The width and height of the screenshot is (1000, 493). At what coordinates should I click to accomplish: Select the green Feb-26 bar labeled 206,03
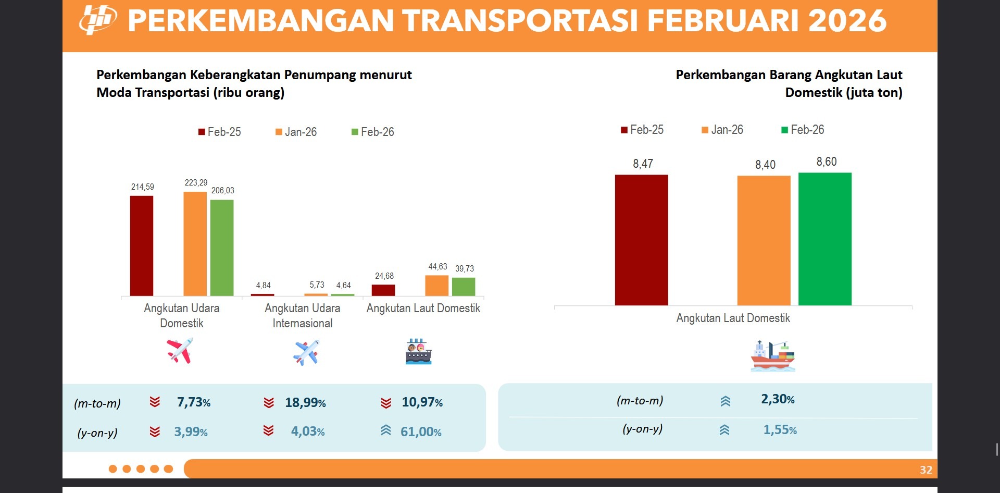coord(222,248)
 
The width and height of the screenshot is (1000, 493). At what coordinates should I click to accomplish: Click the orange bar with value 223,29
coord(195,244)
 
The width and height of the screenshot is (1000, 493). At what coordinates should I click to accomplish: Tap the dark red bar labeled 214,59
coord(142,246)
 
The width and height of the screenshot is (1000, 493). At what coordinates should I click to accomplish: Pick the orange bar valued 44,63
coord(436,286)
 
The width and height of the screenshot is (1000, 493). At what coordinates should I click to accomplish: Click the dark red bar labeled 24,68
coord(383,290)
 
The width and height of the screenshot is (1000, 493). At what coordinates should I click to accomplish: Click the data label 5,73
coord(317,285)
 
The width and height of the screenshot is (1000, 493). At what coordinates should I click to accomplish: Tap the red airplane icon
coord(180,350)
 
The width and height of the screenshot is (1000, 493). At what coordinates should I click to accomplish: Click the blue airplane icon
coord(306,352)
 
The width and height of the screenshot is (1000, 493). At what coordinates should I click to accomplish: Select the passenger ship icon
coord(418,352)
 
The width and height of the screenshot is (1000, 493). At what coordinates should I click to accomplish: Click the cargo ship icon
coord(772,356)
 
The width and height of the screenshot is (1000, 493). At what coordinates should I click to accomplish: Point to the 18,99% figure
coord(305,403)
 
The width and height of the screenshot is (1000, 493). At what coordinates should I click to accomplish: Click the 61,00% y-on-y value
coord(421,432)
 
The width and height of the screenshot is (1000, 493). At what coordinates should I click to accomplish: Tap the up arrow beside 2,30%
coord(726,401)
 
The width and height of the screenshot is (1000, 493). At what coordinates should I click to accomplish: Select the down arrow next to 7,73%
coord(155,402)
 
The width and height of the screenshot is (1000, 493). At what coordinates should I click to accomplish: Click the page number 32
coord(926,470)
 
